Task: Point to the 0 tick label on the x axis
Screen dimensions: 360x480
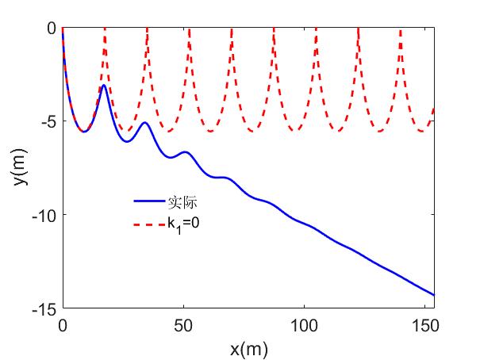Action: click(63, 325)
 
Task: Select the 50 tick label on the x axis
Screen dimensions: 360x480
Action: click(183, 325)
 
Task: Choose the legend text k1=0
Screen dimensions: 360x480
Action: click(183, 224)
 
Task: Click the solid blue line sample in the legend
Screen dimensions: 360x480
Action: click(148, 202)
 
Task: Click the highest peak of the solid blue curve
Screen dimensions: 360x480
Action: click(104, 85)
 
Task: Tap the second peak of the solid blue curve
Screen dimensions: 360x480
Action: click(144, 123)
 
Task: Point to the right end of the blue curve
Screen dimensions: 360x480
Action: click(434, 295)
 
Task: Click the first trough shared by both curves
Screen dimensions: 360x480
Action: click(83, 132)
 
